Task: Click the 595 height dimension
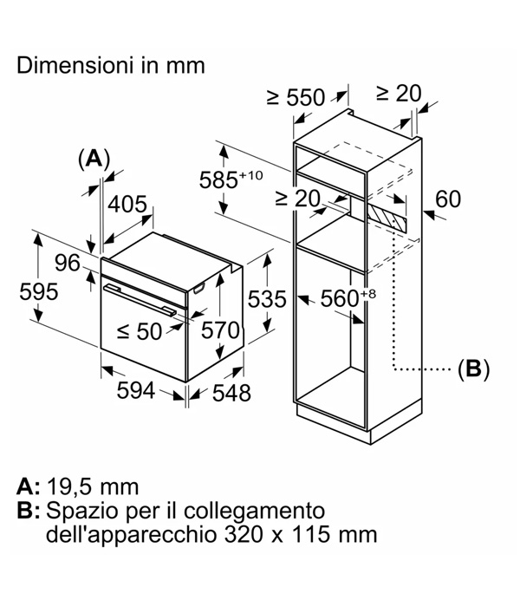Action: (39, 291)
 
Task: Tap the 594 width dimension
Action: (136, 390)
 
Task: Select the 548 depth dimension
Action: (231, 393)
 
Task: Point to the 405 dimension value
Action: (127, 204)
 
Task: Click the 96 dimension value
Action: (68, 263)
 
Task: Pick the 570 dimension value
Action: (220, 330)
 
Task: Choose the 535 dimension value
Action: (267, 299)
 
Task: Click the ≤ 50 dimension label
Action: (140, 331)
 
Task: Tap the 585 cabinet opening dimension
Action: (231, 179)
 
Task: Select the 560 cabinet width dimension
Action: (348, 297)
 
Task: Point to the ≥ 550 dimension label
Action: (296, 97)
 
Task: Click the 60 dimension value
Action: (448, 199)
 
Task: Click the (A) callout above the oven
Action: (94, 159)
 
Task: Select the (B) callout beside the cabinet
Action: (473, 369)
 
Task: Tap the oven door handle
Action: (140, 300)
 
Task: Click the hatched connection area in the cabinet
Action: (387, 215)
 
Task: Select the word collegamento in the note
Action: (255, 511)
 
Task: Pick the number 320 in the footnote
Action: (244, 534)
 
